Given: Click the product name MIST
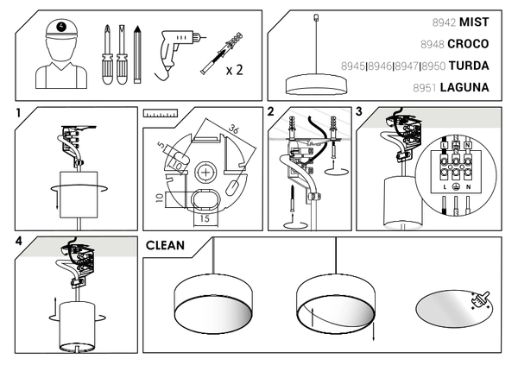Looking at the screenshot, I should [x=474, y=21].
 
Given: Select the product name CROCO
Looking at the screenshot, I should [x=468, y=43].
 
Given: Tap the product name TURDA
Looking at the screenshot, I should [x=470, y=65].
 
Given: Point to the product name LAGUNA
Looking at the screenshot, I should [x=464, y=87].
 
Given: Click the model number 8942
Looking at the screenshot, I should [x=443, y=21].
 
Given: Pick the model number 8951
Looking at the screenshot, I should [x=423, y=87].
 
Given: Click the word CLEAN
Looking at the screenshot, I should [x=165, y=246].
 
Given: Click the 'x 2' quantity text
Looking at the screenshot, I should [x=234, y=68].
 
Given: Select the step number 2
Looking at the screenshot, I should [x=271, y=112].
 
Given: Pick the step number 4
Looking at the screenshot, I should [x=18, y=241].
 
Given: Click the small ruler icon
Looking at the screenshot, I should [x=160, y=113].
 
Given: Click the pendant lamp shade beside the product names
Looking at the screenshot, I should [x=318, y=84].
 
